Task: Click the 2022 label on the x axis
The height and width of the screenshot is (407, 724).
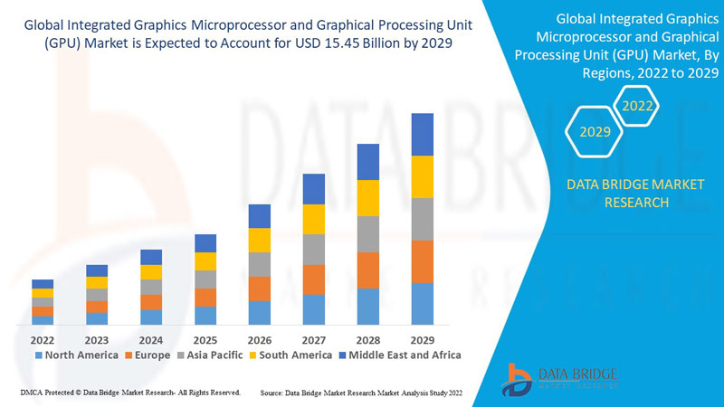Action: (43, 340)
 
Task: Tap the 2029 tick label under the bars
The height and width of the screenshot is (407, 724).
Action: (423, 340)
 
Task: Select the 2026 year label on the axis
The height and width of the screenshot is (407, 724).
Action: (260, 340)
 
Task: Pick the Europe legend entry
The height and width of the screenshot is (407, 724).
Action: (148, 355)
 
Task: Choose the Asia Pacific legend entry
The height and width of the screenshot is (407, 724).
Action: (209, 355)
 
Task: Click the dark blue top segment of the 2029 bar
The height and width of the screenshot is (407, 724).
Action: (423, 134)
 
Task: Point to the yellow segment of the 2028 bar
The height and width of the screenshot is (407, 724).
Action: (368, 198)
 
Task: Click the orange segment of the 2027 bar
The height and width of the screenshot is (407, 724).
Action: (314, 279)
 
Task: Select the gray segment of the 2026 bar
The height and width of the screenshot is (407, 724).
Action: (260, 264)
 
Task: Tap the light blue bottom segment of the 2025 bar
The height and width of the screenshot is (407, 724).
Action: (205, 316)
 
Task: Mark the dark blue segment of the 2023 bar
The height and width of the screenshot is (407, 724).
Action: (97, 270)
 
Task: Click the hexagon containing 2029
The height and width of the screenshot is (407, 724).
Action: (595, 133)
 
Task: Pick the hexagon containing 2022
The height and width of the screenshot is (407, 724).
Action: (635, 106)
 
